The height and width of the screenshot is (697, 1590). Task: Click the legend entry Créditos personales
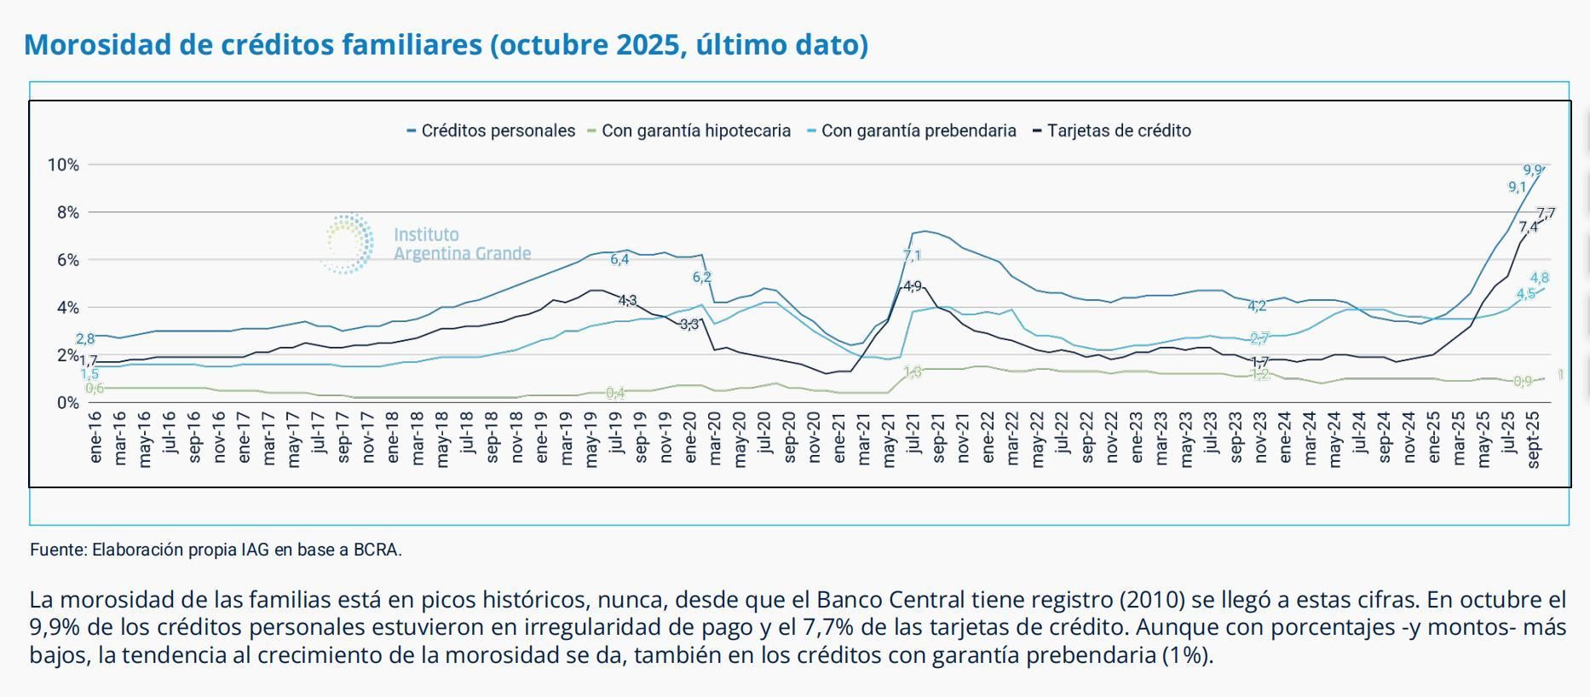click(498, 131)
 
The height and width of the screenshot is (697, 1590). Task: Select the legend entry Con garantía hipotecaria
click(695, 131)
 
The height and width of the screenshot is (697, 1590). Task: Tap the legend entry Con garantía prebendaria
click(918, 131)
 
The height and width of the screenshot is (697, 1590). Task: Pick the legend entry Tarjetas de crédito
click(1118, 131)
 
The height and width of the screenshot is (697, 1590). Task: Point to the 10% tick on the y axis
click(63, 164)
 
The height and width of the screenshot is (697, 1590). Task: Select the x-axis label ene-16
click(95, 438)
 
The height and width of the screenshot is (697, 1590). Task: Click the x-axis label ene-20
click(690, 438)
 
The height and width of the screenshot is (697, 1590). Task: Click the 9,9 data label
click(1532, 170)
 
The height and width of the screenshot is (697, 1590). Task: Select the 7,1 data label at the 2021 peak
click(912, 256)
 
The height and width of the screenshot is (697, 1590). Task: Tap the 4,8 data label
click(1539, 278)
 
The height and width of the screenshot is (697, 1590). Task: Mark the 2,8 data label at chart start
click(85, 339)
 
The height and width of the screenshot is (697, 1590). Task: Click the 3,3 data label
click(689, 324)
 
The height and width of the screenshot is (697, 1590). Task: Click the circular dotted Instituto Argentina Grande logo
click(348, 244)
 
